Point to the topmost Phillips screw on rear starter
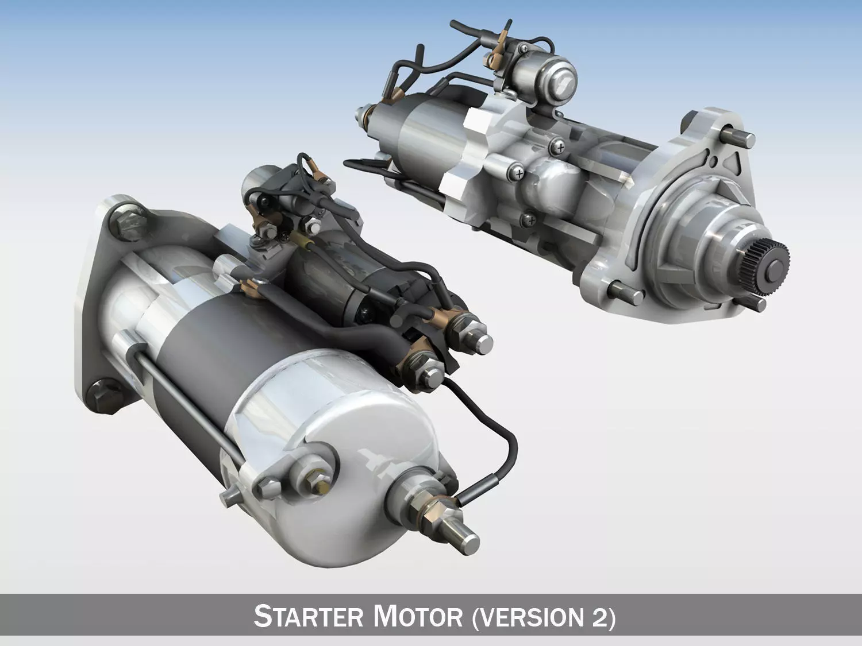coord(557,148)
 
